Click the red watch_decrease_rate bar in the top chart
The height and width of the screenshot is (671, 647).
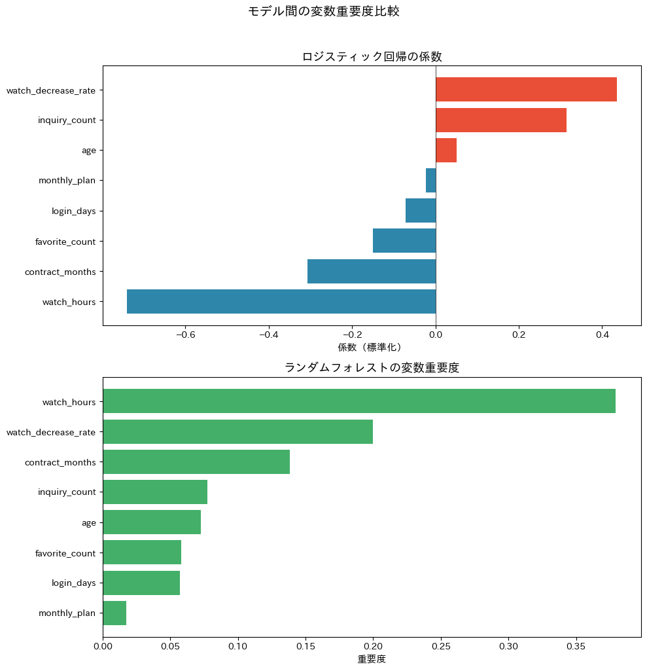(x=526, y=89)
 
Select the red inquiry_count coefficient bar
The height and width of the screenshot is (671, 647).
(x=501, y=120)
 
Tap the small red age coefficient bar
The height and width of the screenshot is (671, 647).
(x=446, y=150)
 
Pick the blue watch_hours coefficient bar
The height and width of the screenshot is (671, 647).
(x=281, y=302)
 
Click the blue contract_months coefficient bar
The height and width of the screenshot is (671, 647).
(x=372, y=271)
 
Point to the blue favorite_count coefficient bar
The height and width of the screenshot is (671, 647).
(x=404, y=241)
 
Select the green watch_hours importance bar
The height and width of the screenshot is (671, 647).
(x=359, y=401)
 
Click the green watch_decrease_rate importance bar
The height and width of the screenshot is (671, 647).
(x=237, y=431)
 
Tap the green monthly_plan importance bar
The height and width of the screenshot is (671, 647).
(x=114, y=613)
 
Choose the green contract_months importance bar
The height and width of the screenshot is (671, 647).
(x=196, y=462)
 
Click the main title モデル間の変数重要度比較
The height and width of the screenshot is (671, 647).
(x=323, y=11)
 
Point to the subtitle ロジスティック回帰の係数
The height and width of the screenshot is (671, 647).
(x=372, y=57)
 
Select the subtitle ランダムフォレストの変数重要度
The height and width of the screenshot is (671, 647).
(x=372, y=368)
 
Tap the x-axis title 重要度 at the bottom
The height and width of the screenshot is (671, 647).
(x=372, y=659)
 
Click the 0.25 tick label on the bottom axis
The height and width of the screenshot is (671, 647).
(x=441, y=645)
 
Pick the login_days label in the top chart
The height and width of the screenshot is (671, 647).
(x=73, y=211)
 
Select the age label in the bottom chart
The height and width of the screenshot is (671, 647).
(x=88, y=522)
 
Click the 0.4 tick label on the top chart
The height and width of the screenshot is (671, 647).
(x=603, y=335)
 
